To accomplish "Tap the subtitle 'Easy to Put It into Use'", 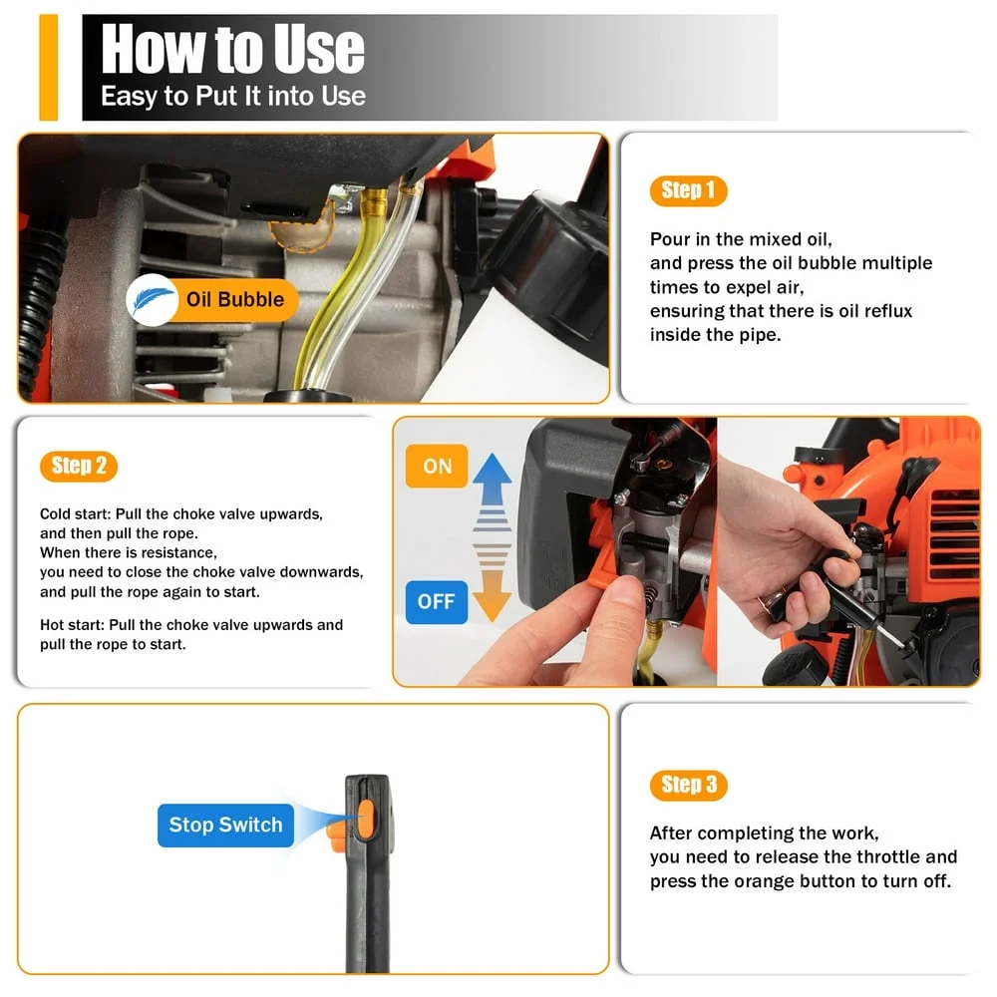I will click(232, 97).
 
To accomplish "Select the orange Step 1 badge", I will click(688, 190).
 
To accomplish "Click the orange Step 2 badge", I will click(78, 466).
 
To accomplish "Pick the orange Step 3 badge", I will click(688, 785).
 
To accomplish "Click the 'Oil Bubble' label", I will click(234, 299).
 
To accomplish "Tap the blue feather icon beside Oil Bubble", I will click(152, 300).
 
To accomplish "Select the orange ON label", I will click(437, 467).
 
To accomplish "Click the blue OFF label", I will click(437, 601).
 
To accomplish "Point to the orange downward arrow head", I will click(492, 604).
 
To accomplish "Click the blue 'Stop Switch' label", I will click(225, 825).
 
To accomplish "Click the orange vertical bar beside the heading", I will click(48, 68).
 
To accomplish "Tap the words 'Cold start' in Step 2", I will click(75, 514).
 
